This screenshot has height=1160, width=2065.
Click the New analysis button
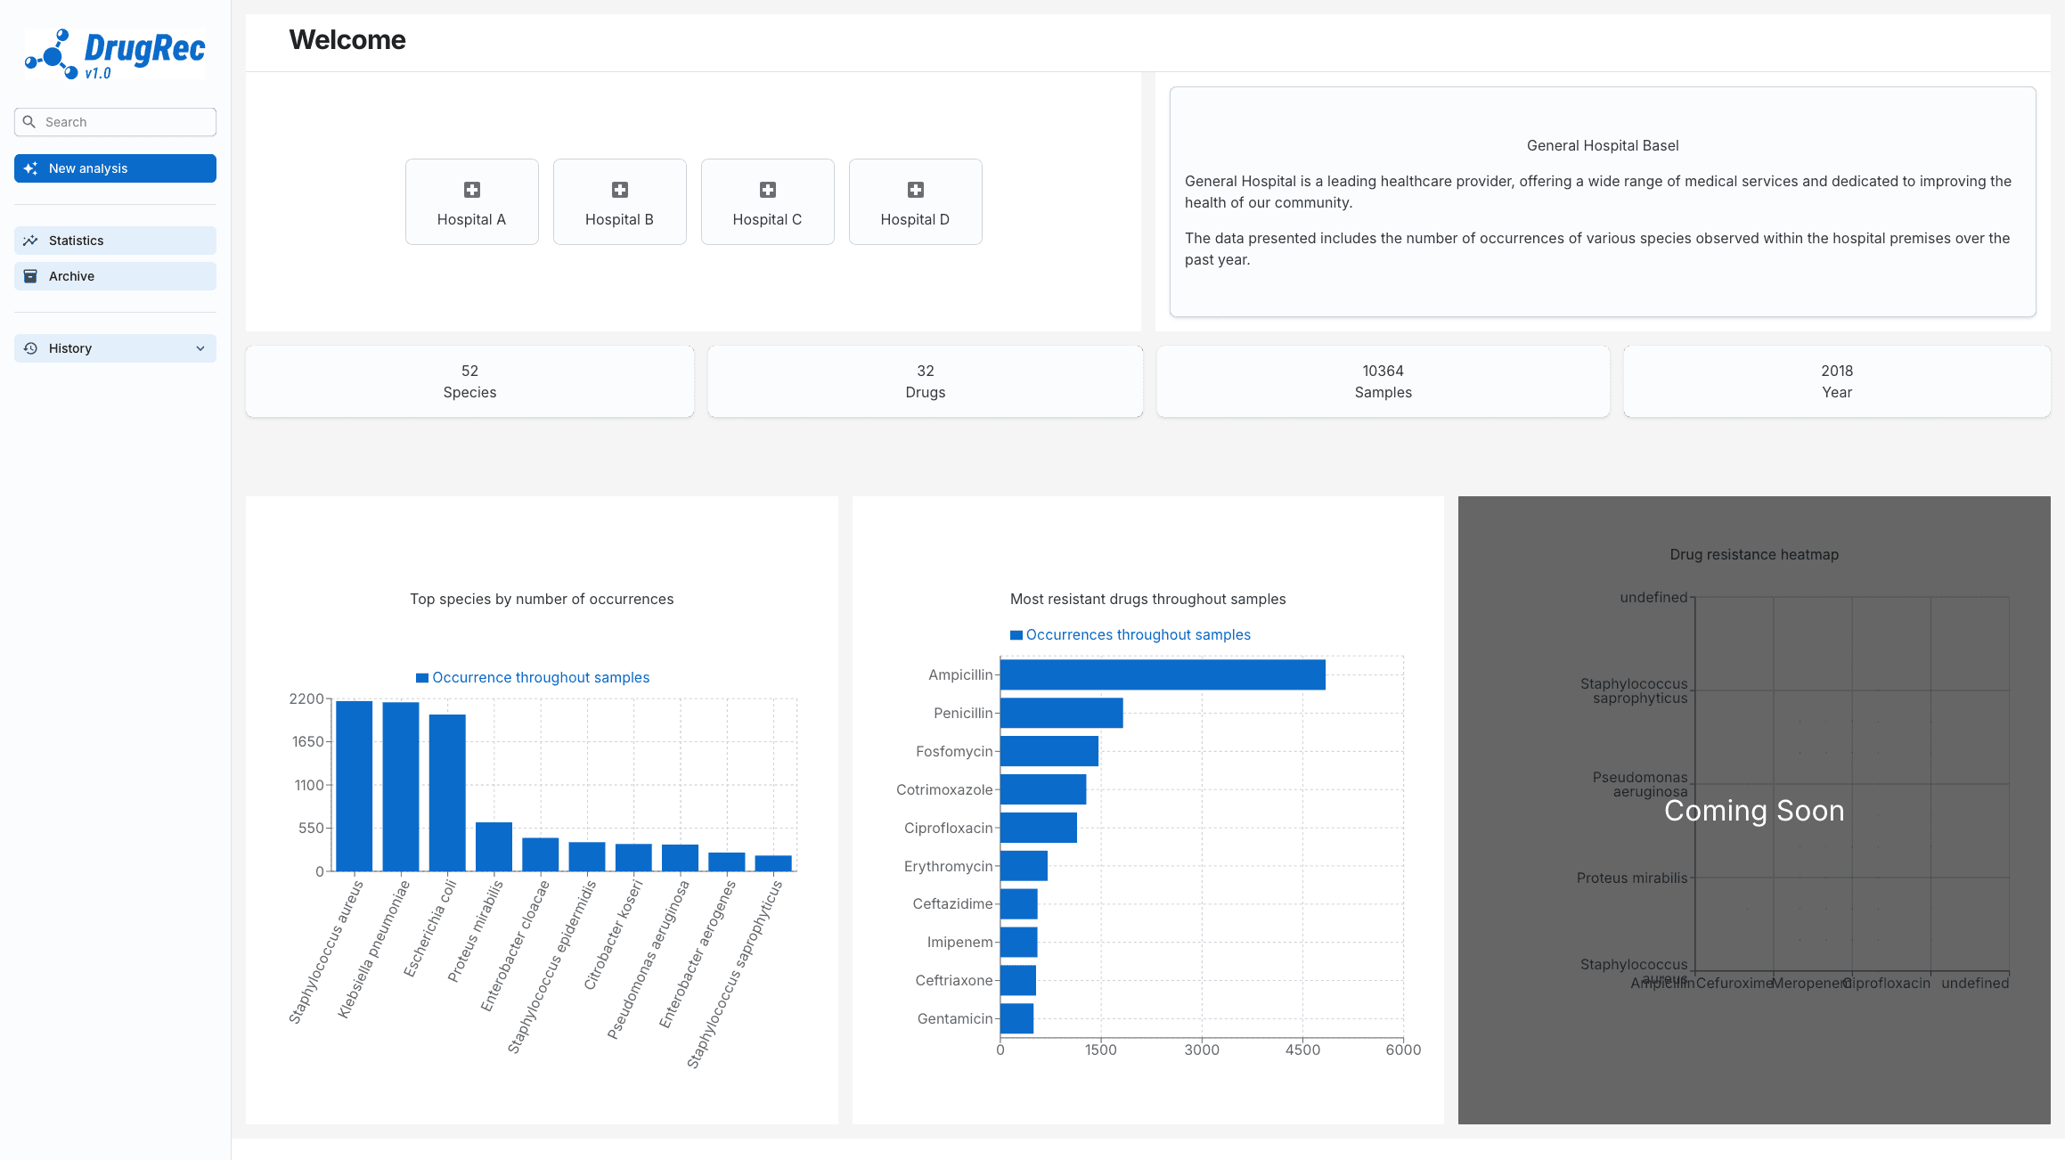pyautogui.click(x=115, y=168)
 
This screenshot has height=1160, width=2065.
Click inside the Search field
pyautogui.click(x=125, y=122)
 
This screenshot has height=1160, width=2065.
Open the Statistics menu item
pyautogui.click(x=115, y=241)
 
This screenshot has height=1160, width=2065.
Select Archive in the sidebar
pyautogui.click(x=115, y=276)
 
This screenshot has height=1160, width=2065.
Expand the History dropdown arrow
pyautogui.click(x=200, y=348)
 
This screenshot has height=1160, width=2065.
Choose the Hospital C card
pyautogui.click(x=767, y=202)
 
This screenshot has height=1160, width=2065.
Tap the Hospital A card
pyautogui.click(x=471, y=202)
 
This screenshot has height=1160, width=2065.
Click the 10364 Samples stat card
pyautogui.click(x=1383, y=381)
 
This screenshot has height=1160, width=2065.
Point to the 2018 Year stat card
pyautogui.click(x=1836, y=381)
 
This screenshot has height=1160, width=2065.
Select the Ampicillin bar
pyautogui.click(x=1162, y=674)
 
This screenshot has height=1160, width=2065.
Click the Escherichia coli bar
pyautogui.click(x=447, y=792)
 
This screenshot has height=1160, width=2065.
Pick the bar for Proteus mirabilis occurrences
pyautogui.click(x=494, y=846)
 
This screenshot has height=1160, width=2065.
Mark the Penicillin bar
pyautogui.click(x=1061, y=713)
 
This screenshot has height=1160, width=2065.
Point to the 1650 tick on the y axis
pyautogui.click(x=307, y=741)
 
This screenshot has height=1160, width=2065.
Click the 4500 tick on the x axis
pyautogui.click(x=1302, y=1050)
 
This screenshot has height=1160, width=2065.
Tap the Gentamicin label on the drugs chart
pyautogui.click(x=954, y=1018)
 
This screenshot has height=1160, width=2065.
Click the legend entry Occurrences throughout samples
pyautogui.click(x=1138, y=634)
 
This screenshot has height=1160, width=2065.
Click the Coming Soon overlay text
pyautogui.click(x=1753, y=811)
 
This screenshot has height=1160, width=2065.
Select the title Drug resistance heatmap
pyautogui.click(x=1753, y=554)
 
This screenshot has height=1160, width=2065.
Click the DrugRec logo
pyautogui.click(x=115, y=53)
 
